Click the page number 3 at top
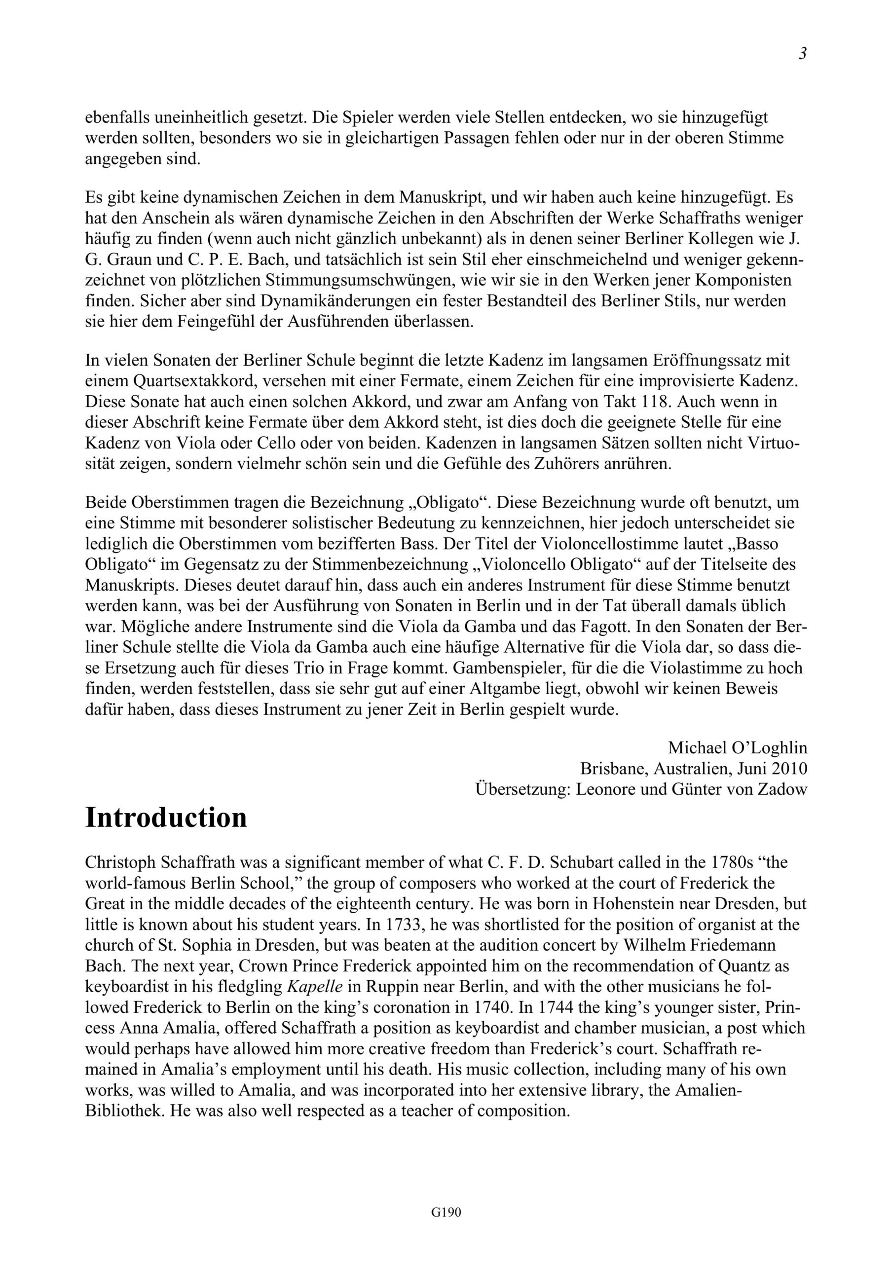click(x=803, y=54)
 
